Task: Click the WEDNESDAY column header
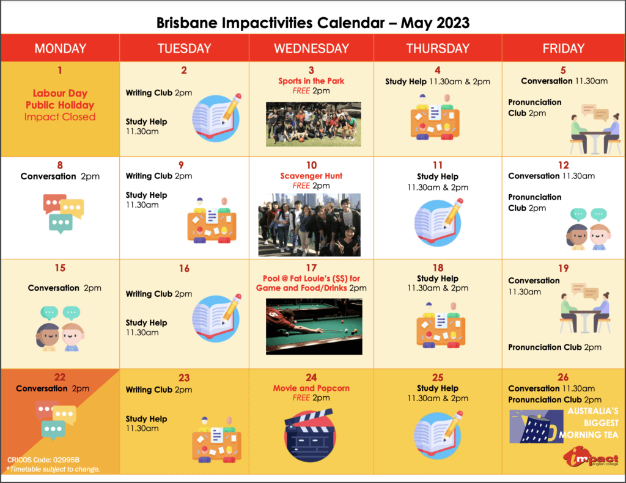[x=311, y=48]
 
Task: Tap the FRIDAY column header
[x=563, y=48]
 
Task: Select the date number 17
[x=311, y=268]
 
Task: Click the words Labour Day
[x=60, y=93]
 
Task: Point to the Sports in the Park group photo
[x=314, y=124]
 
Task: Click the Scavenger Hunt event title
[x=311, y=176]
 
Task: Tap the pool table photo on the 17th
[x=314, y=326]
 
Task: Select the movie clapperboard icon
[x=310, y=435]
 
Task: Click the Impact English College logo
[x=591, y=457]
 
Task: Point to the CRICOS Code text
[x=43, y=460]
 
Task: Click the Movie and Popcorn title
[x=311, y=388]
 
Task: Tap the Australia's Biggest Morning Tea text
[x=589, y=423]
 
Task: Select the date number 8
[x=60, y=165]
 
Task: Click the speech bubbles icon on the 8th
[x=64, y=214]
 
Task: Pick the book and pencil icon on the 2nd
[x=217, y=118]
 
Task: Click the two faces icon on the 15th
[x=61, y=329]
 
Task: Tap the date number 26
[x=563, y=377]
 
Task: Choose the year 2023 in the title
[x=452, y=23]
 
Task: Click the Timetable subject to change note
[x=53, y=469]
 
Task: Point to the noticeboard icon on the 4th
[x=435, y=117]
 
